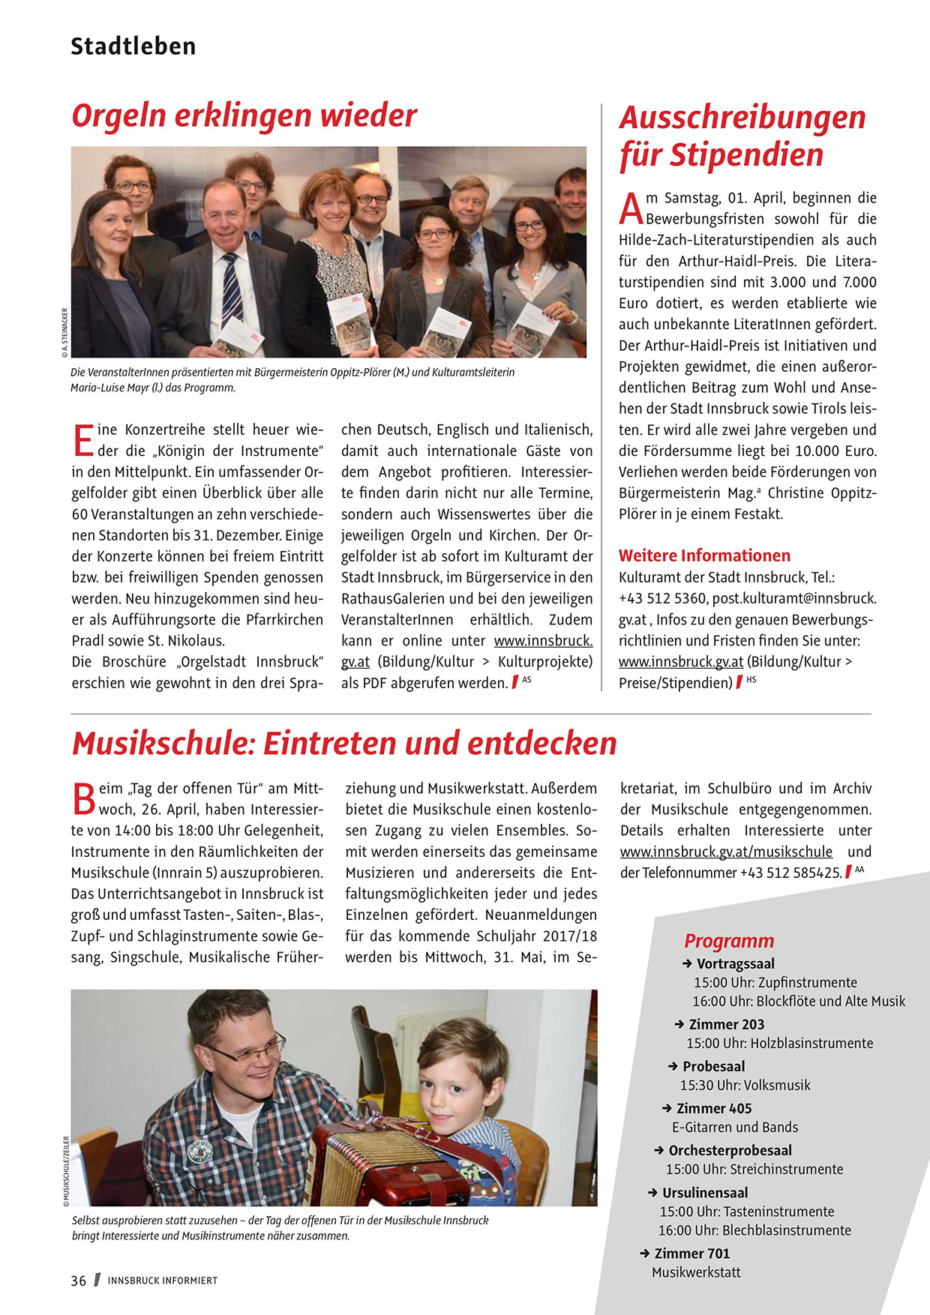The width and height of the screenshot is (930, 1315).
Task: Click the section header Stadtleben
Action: [133, 46]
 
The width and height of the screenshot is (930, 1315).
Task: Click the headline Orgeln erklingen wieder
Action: [244, 116]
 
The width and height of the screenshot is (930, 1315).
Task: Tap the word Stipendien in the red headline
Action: [746, 155]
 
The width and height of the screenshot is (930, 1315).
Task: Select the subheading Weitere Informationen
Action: [704, 556]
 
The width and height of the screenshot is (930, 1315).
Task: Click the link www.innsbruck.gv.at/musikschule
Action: [726, 852]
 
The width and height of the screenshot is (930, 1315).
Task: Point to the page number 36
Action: [79, 1281]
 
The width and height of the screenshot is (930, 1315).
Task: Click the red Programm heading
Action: [728, 941]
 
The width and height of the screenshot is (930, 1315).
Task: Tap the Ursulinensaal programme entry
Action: [704, 1192]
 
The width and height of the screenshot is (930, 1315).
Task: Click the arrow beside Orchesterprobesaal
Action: [658, 1150]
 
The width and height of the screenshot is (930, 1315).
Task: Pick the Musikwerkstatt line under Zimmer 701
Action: [696, 1272]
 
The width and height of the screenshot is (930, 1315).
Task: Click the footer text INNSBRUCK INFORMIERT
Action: [162, 1281]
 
